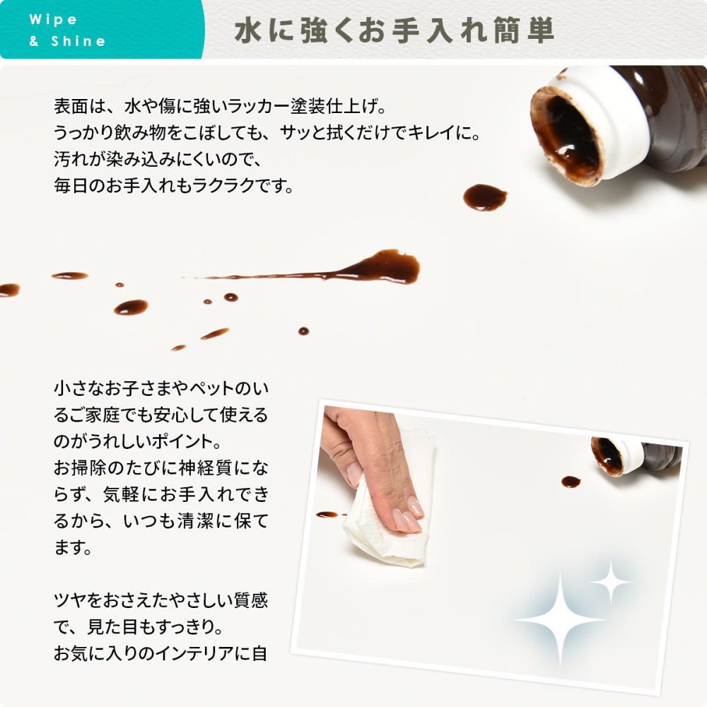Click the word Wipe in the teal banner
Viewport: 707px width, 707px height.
coord(53,19)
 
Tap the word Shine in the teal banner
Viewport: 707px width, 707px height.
coord(78,41)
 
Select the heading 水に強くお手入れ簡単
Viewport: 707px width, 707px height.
coord(394,30)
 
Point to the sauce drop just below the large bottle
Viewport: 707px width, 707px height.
coord(485,197)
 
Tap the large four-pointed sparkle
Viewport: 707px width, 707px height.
coord(560,620)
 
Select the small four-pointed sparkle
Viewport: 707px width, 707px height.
coord(611,583)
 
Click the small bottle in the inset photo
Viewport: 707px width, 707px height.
coord(636,455)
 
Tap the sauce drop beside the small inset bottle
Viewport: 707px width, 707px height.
coord(571,481)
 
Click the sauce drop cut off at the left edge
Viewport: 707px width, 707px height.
coord(9,289)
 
